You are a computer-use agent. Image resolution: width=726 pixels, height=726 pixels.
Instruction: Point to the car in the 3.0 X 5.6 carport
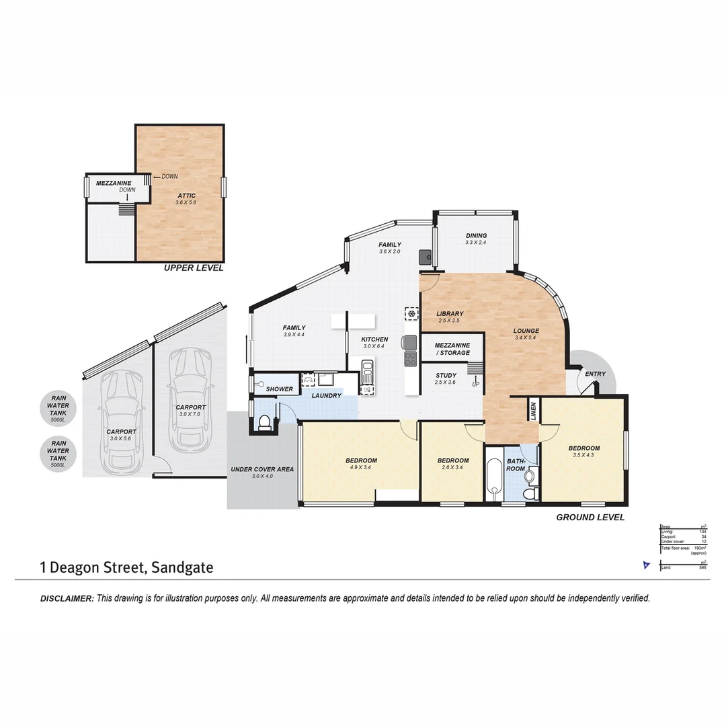pos(121,421)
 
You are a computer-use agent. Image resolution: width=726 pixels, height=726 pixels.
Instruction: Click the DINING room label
pos(475,236)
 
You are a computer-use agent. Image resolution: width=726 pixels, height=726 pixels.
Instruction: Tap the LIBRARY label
pos(450,313)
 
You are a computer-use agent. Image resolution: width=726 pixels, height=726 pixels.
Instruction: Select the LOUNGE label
pos(526,331)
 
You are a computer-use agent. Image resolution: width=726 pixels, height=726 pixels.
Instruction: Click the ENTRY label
pos(595,374)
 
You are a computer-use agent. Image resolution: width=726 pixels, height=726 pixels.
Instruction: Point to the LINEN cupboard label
pos(534,410)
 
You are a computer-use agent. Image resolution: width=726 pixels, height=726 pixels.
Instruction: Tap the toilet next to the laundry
pos(264,422)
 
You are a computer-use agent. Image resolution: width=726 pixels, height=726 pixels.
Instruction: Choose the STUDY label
pos(446,376)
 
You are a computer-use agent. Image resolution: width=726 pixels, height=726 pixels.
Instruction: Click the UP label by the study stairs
pos(476,384)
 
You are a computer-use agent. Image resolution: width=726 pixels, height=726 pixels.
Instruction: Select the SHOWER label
pos(279,389)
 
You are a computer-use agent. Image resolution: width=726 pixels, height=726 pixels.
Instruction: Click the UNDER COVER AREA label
pos(262,469)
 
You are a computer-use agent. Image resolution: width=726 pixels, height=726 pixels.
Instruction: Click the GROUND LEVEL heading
pos(590,517)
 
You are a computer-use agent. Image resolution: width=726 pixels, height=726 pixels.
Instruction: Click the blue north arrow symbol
pos(646,565)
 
